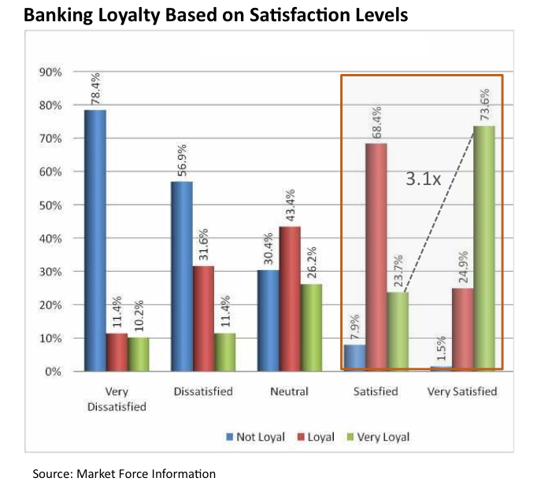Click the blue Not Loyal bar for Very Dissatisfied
tap(95, 240)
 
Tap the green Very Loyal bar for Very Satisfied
tap(484, 248)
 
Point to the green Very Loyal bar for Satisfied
tap(398, 331)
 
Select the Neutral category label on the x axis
tap(290, 391)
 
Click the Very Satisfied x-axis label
tap(463, 391)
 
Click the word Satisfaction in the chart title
tap(291, 14)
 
